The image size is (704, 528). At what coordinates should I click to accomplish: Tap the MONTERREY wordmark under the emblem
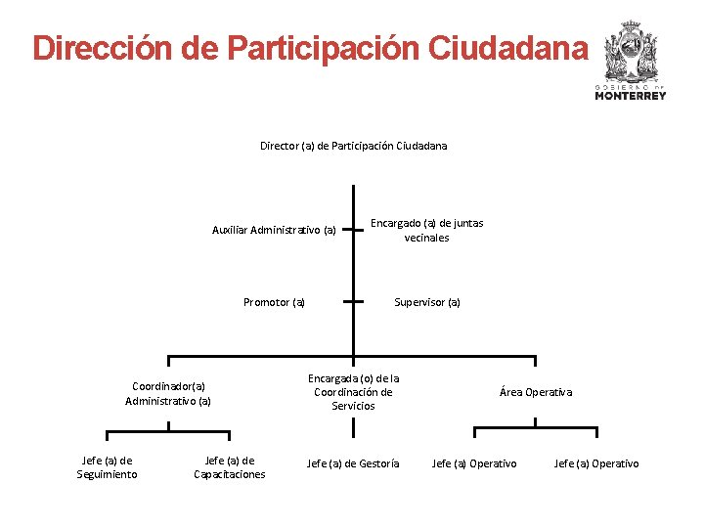pos(631,96)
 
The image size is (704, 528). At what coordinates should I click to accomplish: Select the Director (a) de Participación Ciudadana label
pos(353,146)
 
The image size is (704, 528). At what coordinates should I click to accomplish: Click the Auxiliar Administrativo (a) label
pos(274,231)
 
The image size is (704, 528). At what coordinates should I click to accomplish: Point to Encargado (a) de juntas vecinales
pos(426,230)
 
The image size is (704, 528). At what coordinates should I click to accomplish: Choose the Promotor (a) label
pos(274,302)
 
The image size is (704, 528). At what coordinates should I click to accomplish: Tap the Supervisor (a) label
pos(427,302)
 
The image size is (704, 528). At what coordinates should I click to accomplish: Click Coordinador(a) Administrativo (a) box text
pos(168,393)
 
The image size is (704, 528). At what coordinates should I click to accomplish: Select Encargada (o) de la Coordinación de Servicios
pos(353,391)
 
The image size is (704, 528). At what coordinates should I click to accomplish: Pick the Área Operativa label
pos(536,392)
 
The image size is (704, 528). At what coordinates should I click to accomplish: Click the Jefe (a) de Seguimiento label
pos(108,467)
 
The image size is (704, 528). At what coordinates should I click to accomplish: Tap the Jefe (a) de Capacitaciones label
pos(230,467)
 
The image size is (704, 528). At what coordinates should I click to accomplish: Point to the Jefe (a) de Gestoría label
pos(353,463)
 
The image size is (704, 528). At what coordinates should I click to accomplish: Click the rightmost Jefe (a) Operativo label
pos(596,463)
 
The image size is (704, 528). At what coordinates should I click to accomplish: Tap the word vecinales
pos(427,238)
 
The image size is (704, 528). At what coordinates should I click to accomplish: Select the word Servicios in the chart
pos(353,406)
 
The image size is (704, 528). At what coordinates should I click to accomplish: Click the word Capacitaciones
pos(230,474)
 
